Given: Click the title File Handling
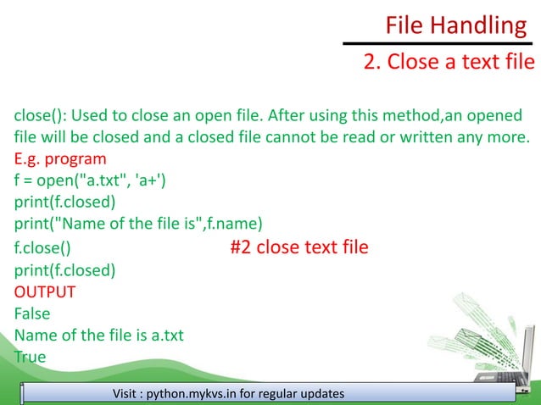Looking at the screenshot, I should tap(455, 25).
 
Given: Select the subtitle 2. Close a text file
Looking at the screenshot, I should tap(449, 63).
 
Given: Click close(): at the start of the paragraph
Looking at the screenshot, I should tap(40, 115).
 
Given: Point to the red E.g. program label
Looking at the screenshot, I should tap(60, 159).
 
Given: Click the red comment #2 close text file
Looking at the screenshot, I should tap(299, 247).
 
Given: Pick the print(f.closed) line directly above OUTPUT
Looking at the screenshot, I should tap(65, 270).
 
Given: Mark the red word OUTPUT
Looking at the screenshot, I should tap(45, 292).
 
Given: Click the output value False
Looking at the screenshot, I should tap(32, 313).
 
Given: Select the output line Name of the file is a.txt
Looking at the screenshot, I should tap(99, 336).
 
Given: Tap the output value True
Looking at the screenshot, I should tap(30, 357).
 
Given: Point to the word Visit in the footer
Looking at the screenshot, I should tap(128, 394).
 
